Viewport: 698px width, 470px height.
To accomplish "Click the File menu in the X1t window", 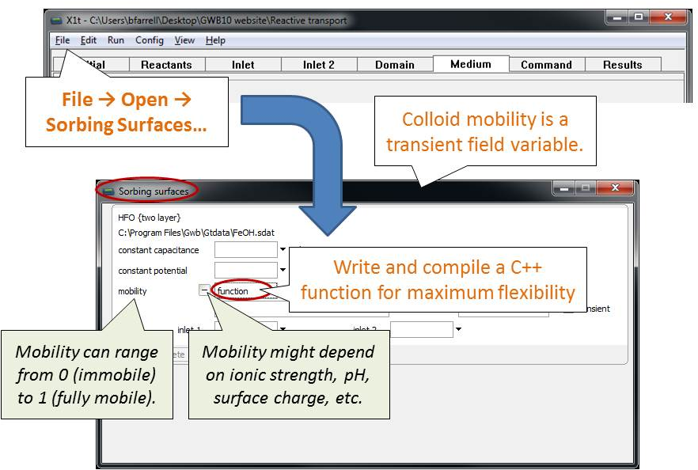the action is pos(63,40).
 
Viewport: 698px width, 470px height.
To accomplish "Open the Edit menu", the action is pos(88,40).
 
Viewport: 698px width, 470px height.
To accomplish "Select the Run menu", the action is pos(116,40).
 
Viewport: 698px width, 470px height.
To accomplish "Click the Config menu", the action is pos(150,40).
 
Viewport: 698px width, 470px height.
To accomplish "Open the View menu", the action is pos(184,40).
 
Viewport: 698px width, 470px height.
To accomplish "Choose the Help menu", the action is pos(215,40).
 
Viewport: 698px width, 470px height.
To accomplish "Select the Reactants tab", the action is pos(167,65).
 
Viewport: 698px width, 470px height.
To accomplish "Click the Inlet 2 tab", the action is pos(319,65).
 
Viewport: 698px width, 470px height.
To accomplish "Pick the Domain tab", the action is pos(395,65).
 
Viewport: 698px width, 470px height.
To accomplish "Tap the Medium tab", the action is pos(471,64).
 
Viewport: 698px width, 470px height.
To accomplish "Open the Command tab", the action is pos(547,65).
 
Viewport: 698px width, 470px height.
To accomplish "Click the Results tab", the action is pos(623,65).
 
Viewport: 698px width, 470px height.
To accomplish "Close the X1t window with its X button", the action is pos(668,17).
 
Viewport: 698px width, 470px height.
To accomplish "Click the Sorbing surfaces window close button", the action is pos(615,188).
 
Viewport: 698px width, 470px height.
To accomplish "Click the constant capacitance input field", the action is pos(245,250).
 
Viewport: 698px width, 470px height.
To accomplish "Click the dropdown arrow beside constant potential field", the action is pos(283,270).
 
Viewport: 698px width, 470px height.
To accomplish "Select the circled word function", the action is pos(233,291).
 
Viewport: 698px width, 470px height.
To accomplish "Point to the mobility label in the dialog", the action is pos(132,291).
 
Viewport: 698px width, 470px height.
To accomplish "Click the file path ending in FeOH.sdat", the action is pos(196,233).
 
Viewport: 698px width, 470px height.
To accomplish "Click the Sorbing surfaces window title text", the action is pos(154,191).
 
